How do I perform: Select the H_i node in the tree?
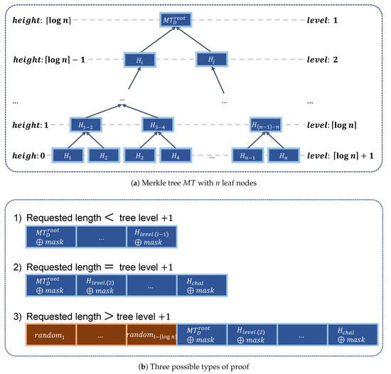tap(139, 60)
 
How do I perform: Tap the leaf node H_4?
tap(174, 154)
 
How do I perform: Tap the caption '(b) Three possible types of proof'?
tap(195, 366)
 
